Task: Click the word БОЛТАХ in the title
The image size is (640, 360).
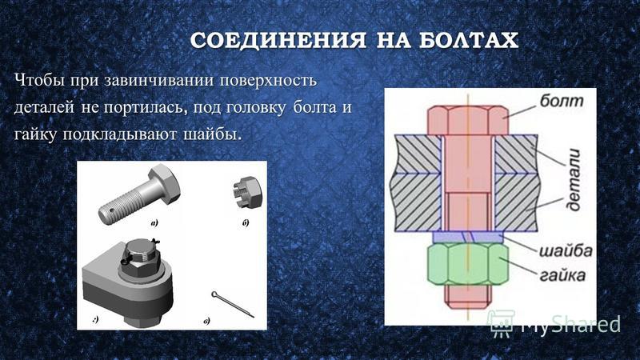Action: (x=469, y=41)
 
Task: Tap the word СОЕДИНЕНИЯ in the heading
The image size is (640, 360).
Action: (x=278, y=41)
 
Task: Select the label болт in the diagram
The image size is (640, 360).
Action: (x=562, y=101)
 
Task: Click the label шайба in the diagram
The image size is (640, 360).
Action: (x=566, y=250)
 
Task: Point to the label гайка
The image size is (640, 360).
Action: (x=562, y=274)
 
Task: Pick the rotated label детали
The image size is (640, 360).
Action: (x=573, y=180)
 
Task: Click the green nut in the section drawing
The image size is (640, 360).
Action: (x=468, y=263)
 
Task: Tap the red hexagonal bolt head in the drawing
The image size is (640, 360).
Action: (x=468, y=121)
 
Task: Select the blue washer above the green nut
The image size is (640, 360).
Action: (x=468, y=237)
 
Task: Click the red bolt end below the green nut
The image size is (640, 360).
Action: (x=468, y=296)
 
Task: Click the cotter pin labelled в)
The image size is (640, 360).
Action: (x=233, y=304)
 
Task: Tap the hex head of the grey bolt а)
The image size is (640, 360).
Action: (x=166, y=183)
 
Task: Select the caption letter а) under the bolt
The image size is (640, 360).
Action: (x=154, y=223)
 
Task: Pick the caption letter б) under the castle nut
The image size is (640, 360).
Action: (x=245, y=223)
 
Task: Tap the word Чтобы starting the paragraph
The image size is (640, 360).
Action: (x=40, y=80)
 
